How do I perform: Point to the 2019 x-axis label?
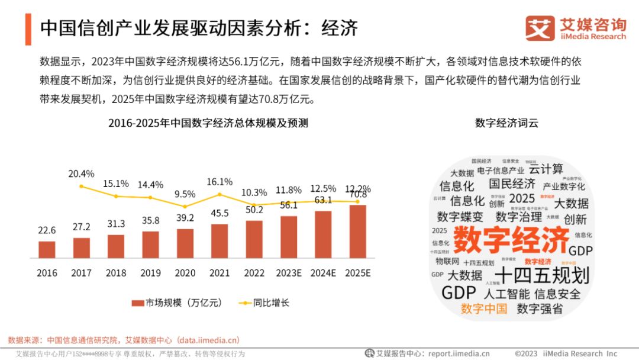tap(151, 273)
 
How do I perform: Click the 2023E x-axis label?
tap(289, 273)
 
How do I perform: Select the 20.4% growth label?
tap(81, 173)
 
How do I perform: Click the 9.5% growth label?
tap(185, 194)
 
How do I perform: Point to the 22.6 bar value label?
tap(47, 230)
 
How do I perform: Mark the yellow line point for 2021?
tap(220, 194)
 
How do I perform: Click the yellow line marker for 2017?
tap(81, 187)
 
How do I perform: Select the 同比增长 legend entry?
tap(264, 303)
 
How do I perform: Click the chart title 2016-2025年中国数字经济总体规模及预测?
tap(208, 123)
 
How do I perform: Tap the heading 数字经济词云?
tap(506, 123)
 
